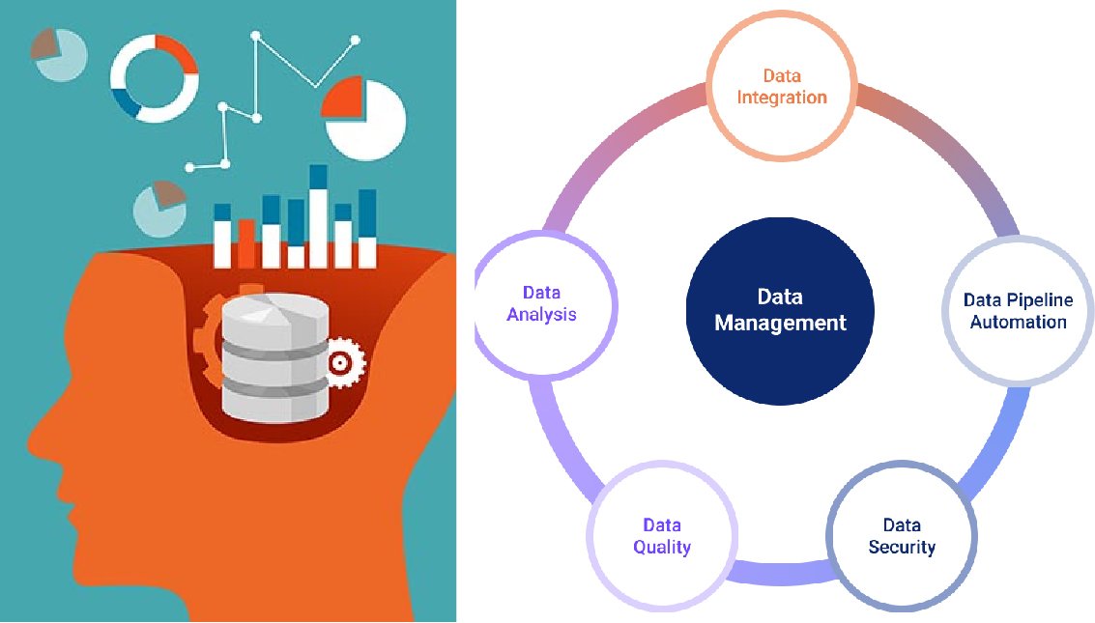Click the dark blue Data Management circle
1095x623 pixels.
click(779, 309)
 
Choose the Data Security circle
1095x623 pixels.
click(901, 536)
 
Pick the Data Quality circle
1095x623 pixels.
click(662, 536)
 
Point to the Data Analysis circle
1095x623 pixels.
click(548, 303)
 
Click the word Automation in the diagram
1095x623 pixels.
click(1018, 322)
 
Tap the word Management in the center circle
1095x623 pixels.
click(779, 323)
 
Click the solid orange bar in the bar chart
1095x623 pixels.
click(246, 243)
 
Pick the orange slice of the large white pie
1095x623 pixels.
click(342, 99)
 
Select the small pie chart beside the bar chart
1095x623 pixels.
click(159, 208)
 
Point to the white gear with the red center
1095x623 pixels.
click(340, 362)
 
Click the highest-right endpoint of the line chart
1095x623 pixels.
click(355, 41)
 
